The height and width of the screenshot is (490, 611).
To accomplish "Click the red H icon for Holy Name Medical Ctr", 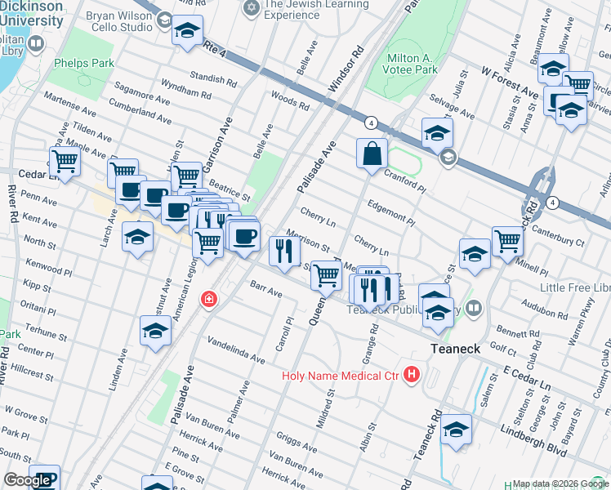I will (412, 375).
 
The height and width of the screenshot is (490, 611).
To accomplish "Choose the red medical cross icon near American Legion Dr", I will (209, 300).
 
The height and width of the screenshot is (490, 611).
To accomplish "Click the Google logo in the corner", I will (27, 480).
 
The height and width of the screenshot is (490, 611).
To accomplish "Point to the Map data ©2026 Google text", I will (560, 483).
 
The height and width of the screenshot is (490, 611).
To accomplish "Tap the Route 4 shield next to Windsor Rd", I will (371, 122).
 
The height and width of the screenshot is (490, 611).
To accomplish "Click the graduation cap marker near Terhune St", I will (155, 332).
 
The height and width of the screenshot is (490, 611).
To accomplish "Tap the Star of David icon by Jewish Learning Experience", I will (251, 8).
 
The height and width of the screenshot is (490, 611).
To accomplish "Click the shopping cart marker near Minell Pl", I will (507, 241).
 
